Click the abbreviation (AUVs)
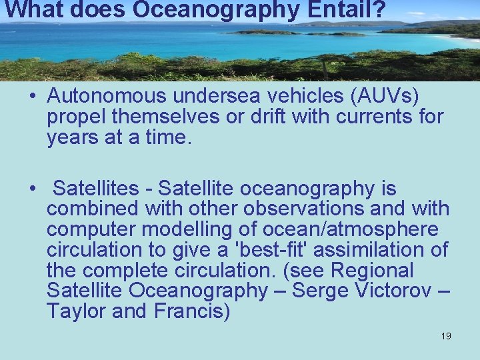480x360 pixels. point(384,97)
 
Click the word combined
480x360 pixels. point(92,209)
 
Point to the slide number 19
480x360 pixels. point(446,336)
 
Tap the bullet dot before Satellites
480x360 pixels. point(32,189)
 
